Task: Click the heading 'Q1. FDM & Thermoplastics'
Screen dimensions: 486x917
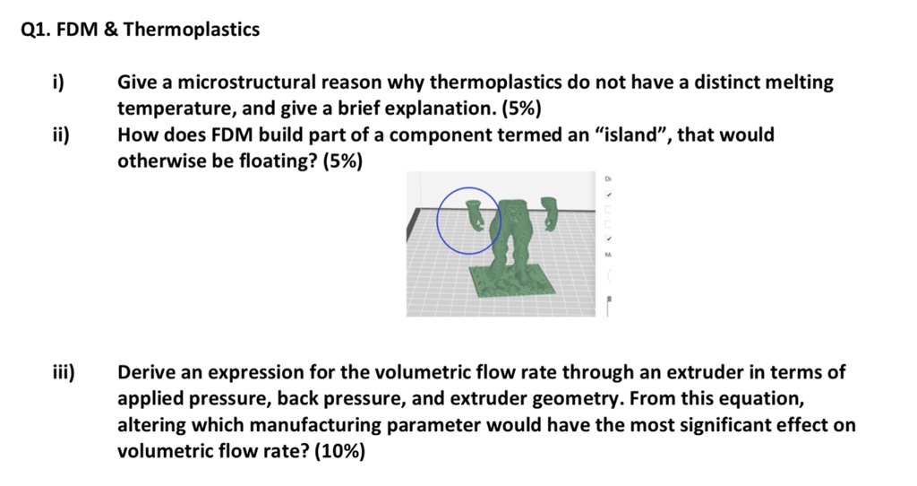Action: [x=140, y=30]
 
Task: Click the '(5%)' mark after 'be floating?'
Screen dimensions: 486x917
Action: [x=339, y=161]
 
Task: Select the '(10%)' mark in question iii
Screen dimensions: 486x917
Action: [x=339, y=451]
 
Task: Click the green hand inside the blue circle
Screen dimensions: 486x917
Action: [x=477, y=215]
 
